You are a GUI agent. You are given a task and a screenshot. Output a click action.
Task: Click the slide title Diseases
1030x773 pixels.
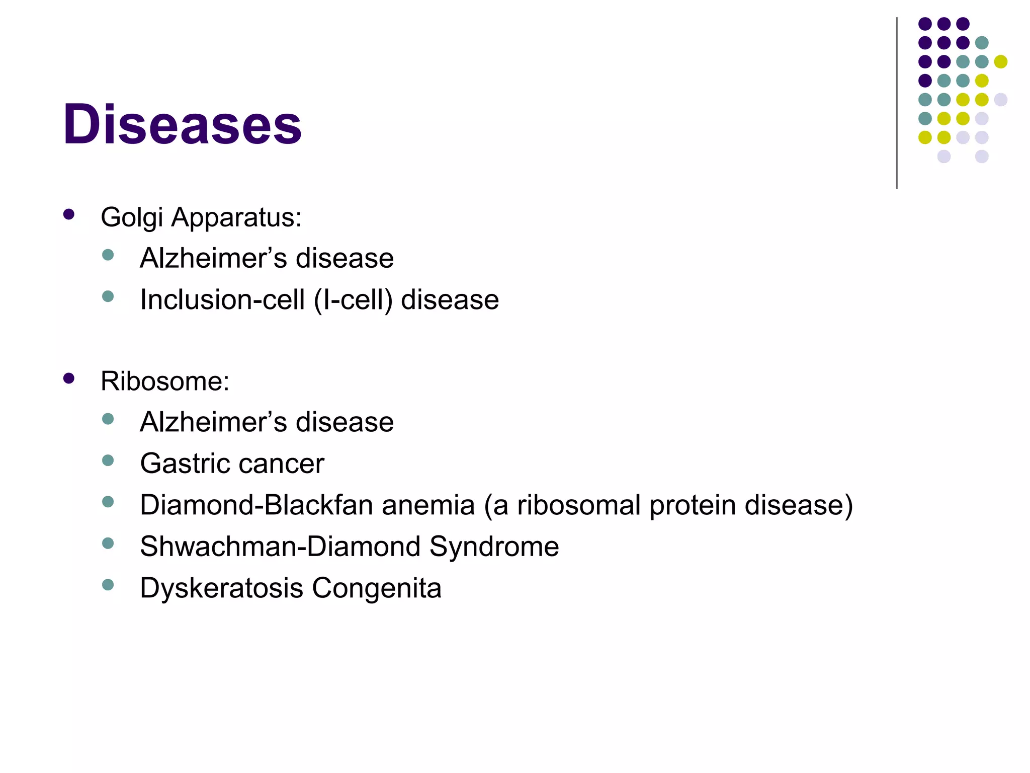coord(182,124)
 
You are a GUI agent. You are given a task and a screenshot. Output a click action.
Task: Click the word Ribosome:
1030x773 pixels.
coord(165,381)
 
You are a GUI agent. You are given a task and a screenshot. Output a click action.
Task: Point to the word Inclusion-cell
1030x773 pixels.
coord(222,300)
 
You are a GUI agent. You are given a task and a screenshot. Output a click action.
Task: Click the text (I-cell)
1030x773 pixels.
coord(353,300)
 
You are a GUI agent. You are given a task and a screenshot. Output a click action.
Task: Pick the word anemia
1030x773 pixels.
coord(428,505)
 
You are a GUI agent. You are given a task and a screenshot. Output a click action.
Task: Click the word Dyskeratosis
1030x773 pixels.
coord(221,588)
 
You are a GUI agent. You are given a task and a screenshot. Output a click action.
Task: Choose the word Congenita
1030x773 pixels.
coord(377,588)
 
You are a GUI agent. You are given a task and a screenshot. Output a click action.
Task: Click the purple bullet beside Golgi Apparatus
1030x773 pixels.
coord(69,215)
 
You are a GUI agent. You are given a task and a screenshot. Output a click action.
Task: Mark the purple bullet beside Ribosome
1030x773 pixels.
coord(69,378)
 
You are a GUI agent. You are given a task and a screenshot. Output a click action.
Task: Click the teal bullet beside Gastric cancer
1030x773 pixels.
coord(108,460)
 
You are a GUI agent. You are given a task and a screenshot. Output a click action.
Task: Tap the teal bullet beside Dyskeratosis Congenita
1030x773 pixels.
coord(108,584)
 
